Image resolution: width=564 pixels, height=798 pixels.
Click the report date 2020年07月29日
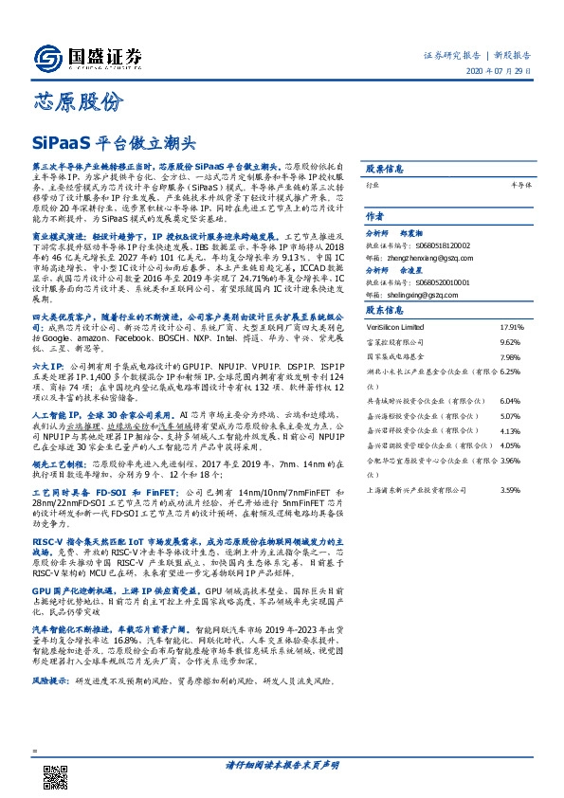[x=501, y=76]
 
